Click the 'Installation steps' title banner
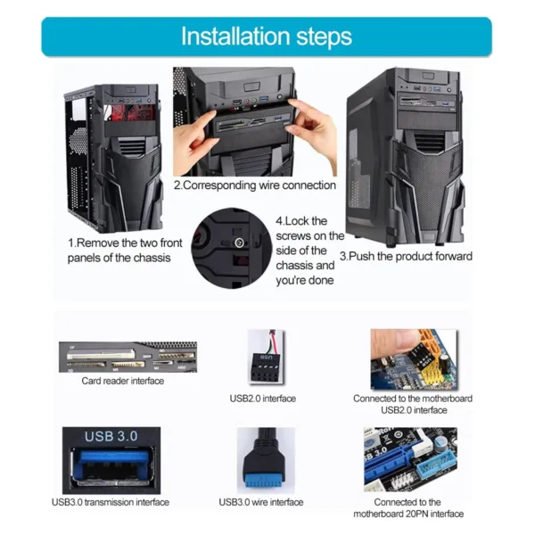tap(267, 37)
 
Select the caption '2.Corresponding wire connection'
tap(254, 185)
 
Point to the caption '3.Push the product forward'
tap(407, 256)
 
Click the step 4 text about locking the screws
tap(309, 250)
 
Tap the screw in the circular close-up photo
tap(238, 243)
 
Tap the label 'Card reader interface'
tap(122, 381)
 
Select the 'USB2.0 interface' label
tap(263, 398)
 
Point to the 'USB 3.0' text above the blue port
tap(111, 436)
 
